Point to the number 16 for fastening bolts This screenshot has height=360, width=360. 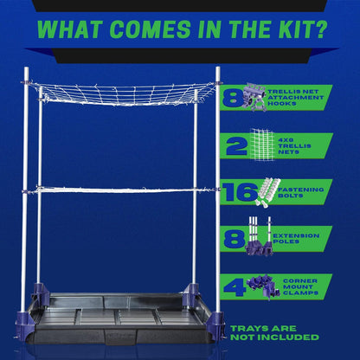[x=237, y=191]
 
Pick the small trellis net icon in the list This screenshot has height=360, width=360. [x=263, y=143]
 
